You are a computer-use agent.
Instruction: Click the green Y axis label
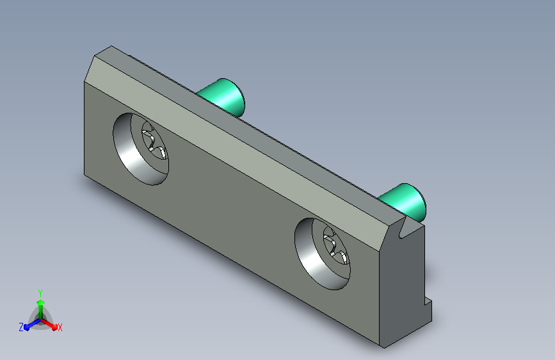pos(40,293)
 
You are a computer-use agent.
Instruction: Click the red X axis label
pos(60,328)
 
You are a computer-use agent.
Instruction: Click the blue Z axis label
pos(21,327)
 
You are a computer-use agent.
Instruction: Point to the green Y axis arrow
pos(41,309)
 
